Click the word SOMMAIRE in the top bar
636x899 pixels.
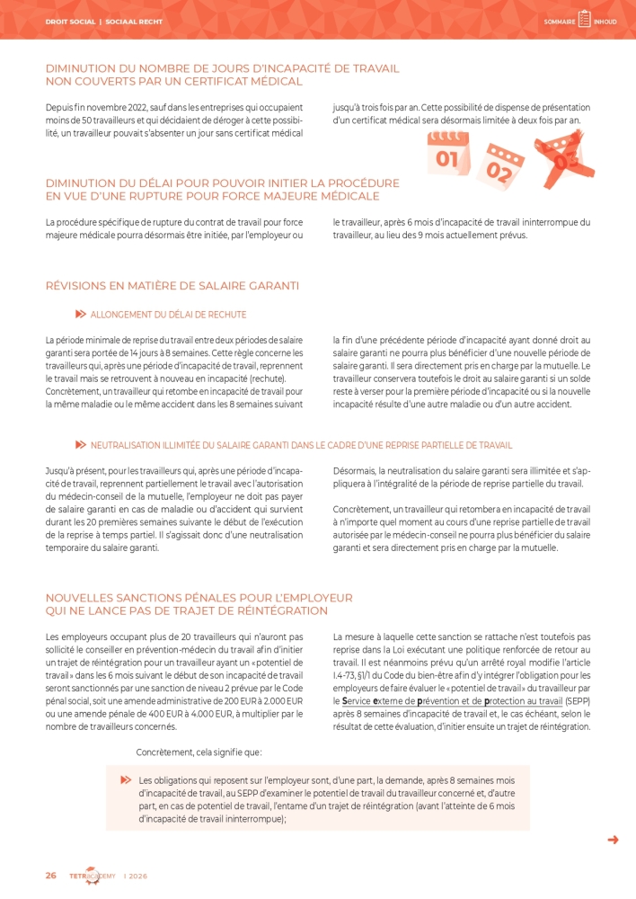point(559,22)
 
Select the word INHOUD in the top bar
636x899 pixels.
point(605,22)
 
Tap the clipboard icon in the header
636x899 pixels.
point(584,20)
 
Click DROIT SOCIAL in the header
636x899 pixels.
point(70,22)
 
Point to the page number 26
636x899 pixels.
point(51,875)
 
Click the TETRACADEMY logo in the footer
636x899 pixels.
point(93,876)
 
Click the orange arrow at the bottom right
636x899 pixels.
point(614,840)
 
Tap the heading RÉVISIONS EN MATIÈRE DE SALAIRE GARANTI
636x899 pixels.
point(172,286)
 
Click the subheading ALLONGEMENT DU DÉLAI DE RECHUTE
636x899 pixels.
point(168,315)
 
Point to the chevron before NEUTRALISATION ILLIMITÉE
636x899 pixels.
point(80,445)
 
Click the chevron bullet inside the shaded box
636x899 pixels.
point(126,779)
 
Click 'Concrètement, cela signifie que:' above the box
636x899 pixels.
point(199,751)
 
